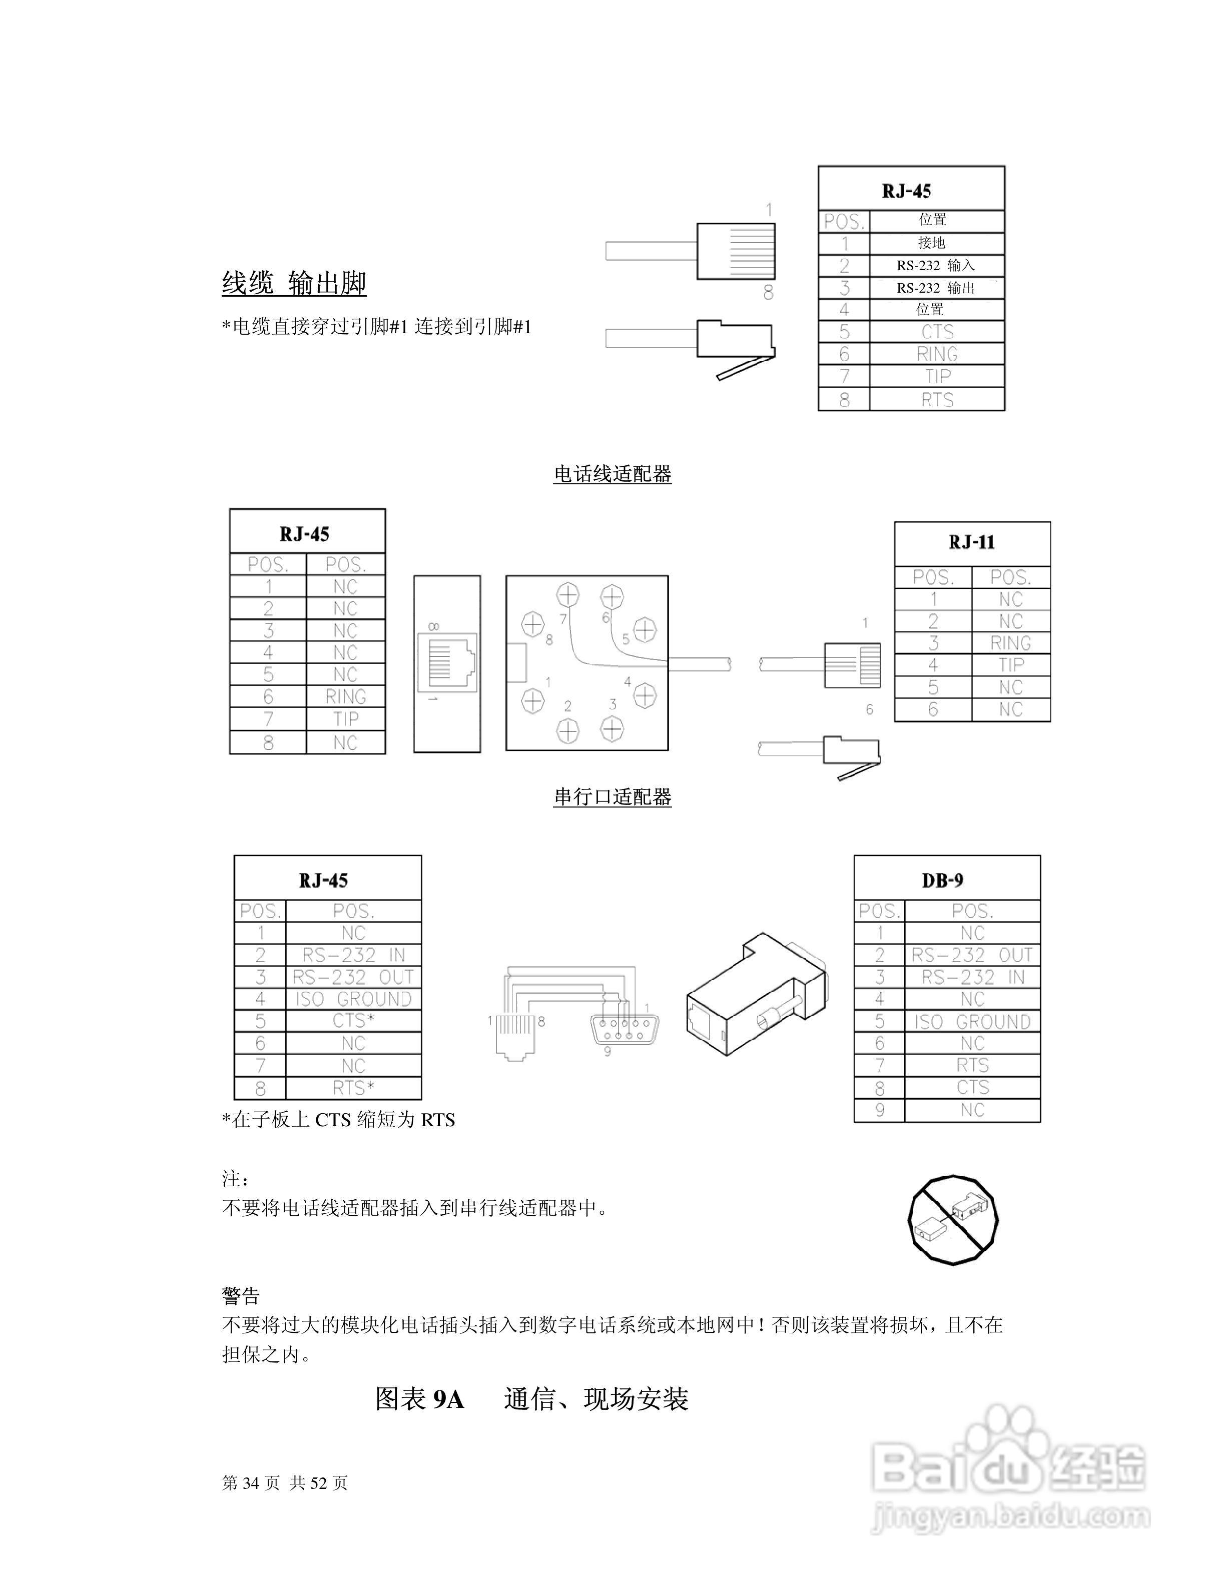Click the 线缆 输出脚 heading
[x=294, y=283]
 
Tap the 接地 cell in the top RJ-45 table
[x=936, y=242]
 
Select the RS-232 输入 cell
[x=936, y=265]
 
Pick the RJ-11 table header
[x=972, y=543]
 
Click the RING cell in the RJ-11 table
[x=1010, y=643]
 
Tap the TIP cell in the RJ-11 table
[x=1010, y=665]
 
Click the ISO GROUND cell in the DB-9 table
[x=972, y=1022]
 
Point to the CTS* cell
[x=353, y=1020]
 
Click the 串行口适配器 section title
[x=612, y=797]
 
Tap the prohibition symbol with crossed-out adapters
[x=953, y=1220]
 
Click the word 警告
[x=241, y=1295]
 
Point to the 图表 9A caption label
[x=419, y=1398]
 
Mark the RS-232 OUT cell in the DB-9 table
[x=972, y=955]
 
